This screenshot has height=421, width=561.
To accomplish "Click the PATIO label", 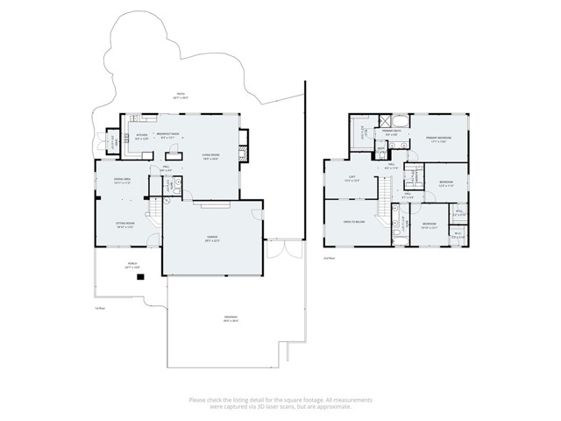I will (x=181, y=96).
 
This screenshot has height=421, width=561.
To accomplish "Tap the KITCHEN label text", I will (x=141, y=135).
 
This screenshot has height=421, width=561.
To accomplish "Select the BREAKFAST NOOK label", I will (x=167, y=132).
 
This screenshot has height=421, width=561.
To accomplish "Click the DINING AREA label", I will (x=122, y=181).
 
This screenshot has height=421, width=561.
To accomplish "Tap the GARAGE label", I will (x=213, y=239).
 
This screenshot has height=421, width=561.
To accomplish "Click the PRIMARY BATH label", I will (x=392, y=132).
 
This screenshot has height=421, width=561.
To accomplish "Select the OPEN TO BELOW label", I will (x=354, y=223).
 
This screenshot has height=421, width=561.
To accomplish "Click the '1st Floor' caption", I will (x=100, y=308).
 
